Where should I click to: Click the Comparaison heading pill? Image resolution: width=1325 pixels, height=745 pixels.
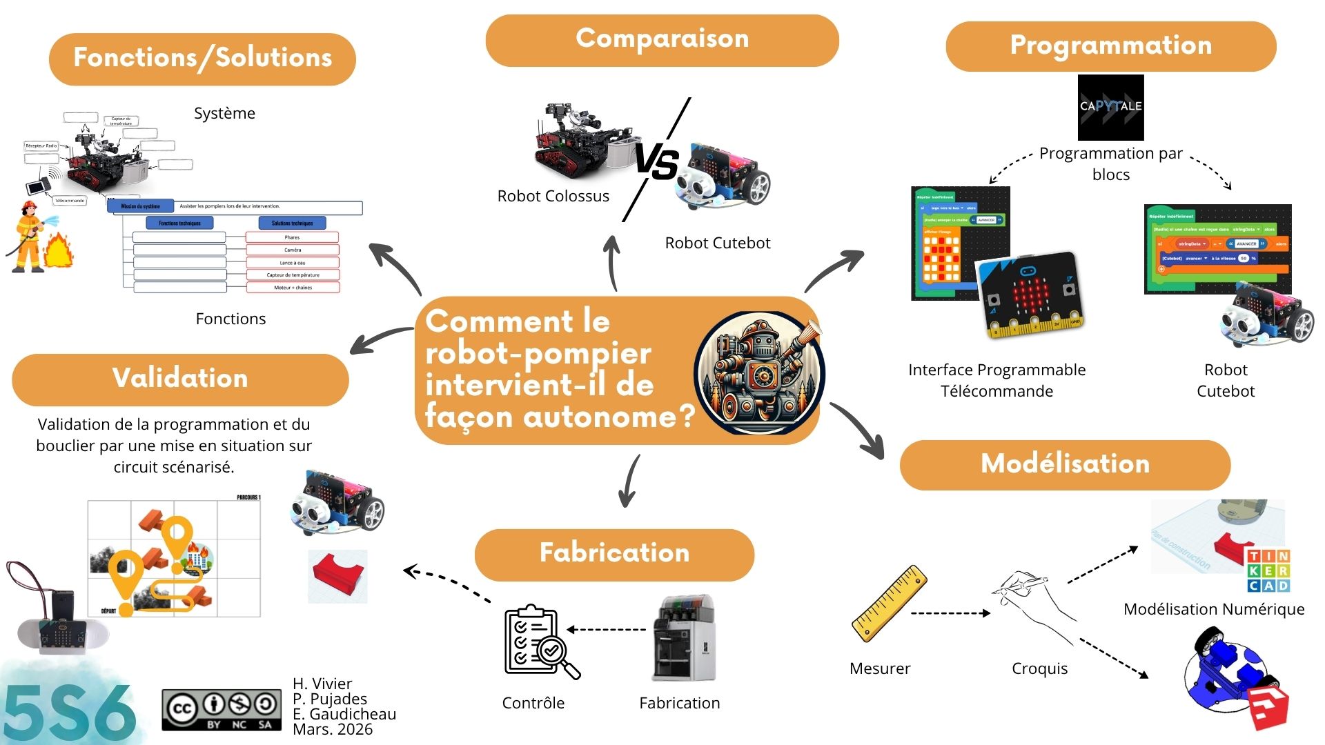click(662, 40)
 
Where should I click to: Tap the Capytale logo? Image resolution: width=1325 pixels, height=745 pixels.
click(1110, 107)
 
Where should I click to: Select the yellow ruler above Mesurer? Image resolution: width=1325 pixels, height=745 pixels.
click(889, 603)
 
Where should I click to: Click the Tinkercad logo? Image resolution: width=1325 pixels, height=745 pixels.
click(1268, 570)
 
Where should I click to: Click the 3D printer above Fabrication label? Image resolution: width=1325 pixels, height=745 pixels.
click(684, 638)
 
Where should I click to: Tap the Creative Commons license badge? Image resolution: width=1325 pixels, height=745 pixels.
click(222, 709)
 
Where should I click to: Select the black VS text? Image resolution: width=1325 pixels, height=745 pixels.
click(656, 162)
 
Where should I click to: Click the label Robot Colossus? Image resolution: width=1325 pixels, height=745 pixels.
click(553, 197)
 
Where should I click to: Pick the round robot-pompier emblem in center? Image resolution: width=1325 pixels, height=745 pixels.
click(759, 372)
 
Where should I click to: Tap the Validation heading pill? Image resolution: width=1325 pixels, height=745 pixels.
click(180, 379)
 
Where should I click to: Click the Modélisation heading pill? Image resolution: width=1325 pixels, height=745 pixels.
click(1065, 464)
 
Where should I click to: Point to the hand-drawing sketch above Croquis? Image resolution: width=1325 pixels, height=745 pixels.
click(1034, 600)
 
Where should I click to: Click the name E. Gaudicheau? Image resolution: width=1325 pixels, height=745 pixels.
click(344, 714)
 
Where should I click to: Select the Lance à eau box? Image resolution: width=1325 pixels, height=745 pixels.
click(292, 263)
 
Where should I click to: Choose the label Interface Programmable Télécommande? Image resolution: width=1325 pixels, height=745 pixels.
click(997, 380)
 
